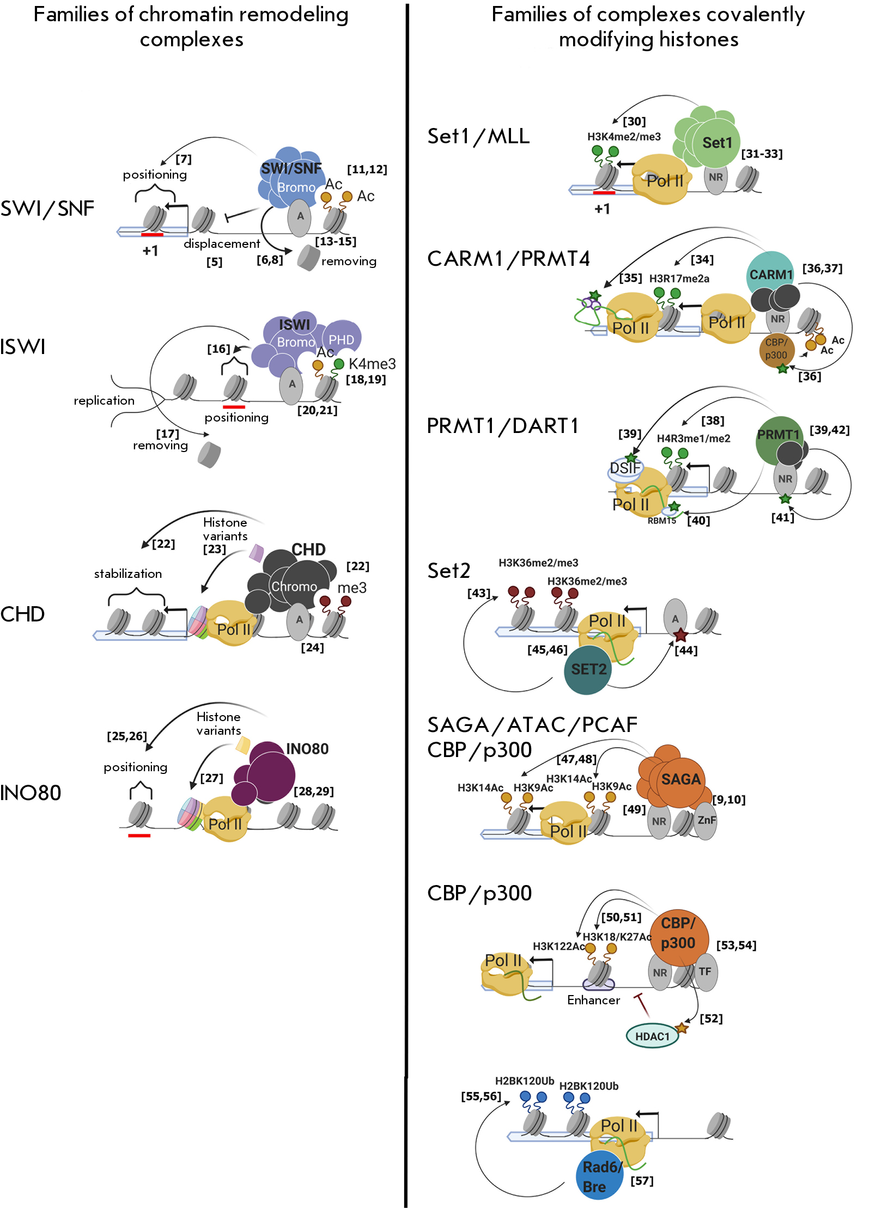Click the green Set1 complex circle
(x=716, y=143)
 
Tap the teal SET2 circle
(x=588, y=670)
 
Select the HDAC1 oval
(x=652, y=1036)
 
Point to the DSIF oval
(x=625, y=468)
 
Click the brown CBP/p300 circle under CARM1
(x=776, y=349)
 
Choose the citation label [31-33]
(x=762, y=154)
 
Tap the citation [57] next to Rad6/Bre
(x=642, y=1181)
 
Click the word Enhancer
(x=593, y=1000)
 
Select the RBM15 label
(x=661, y=521)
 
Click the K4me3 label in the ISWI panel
(x=372, y=364)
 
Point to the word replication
(x=104, y=401)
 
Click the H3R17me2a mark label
(x=679, y=279)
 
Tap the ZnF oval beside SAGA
(x=706, y=820)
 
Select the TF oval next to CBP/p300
(x=705, y=972)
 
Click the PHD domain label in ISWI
(x=341, y=340)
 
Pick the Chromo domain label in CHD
(x=294, y=587)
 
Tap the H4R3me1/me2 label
(x=694, y=438)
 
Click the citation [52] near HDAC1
(x=711, y=1018)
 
